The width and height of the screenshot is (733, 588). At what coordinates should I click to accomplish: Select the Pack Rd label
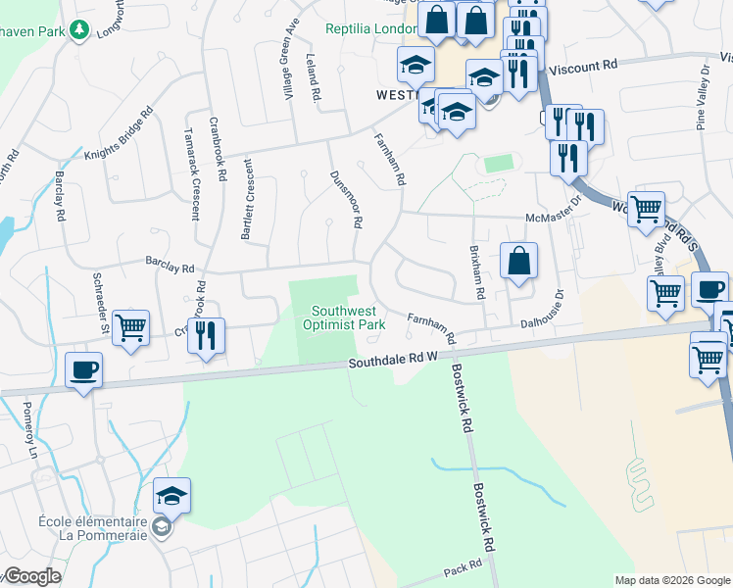pyautogui.click(x=464, y=568)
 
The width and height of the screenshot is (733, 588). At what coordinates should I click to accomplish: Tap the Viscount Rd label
pyautogui.click(x=583, y=66)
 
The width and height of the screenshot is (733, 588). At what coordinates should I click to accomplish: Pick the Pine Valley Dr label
pyautogui.click(x=703, y=99)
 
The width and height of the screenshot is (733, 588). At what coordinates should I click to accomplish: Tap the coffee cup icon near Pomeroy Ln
pyautogui.click(x=83, y=370)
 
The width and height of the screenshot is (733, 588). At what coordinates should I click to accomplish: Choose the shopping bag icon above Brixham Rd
pyautogui.click(x=519, y=261)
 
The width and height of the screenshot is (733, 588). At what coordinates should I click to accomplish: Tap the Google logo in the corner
pyautogui.click(x=32, y=576)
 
